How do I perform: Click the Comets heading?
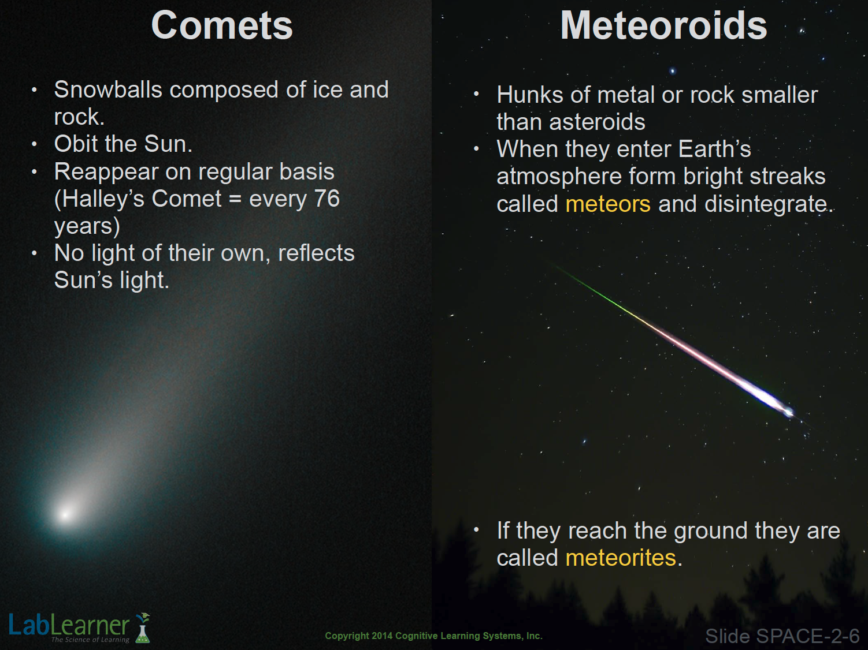[222, 25]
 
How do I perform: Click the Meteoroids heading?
[663, 25]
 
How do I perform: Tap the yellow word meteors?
[608, 204]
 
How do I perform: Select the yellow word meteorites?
[621, 558]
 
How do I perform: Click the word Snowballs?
[108, 89]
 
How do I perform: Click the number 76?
[327, 198]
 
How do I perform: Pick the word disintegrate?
[766, 204]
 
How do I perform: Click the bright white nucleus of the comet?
[65, 514]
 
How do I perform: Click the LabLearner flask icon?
[142, 627]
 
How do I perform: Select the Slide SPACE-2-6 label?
[782, 636]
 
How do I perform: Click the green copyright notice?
[433, 636]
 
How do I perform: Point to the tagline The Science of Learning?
[90, 640]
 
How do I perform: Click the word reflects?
[316, 253]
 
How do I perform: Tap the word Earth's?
[714, 149]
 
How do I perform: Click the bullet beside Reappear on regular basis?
[35, 172]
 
